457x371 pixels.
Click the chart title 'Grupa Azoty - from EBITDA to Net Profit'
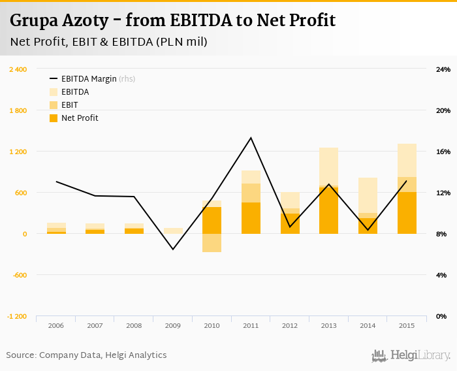click(172, 21)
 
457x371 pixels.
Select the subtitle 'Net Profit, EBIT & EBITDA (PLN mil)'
click(109, 42)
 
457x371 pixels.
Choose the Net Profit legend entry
click(79, 118)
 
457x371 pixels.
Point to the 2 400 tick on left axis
click(18, 69)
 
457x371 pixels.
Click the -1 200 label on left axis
click(18, 316)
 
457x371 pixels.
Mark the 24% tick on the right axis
click(443, 69)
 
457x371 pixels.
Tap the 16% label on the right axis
click(443, 152)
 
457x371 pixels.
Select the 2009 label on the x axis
click(173, 325)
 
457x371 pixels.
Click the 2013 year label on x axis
click(329, 325)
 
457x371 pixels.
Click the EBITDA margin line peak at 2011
click(251, 138)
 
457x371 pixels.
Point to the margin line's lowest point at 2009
click(173, 250)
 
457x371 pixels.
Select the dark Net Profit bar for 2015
click(407, 213)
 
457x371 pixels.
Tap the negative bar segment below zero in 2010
click(212, 243)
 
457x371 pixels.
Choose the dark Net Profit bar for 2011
click(251, 218)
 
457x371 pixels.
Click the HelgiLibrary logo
click(411, 355)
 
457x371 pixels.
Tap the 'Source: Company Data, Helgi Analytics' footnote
click(86, 355)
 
